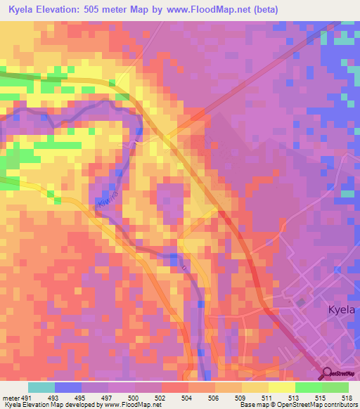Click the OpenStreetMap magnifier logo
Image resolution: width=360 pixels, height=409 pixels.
327,374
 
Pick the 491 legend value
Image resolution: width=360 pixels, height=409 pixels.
26,397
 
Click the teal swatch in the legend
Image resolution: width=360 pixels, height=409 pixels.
41,387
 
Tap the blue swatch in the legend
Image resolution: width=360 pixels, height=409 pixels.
68,387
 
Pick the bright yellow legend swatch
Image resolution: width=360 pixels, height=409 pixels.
281,387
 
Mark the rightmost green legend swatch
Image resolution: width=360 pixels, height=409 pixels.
335,387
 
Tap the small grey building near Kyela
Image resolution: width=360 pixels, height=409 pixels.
301,302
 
